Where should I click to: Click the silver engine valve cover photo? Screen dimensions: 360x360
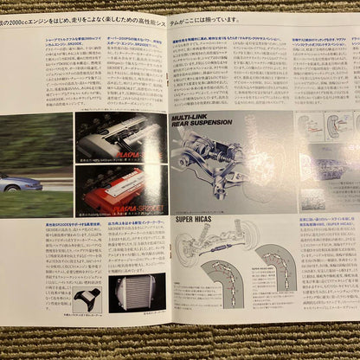coord(121,136)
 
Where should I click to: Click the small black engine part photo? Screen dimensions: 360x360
coord(86,296)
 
